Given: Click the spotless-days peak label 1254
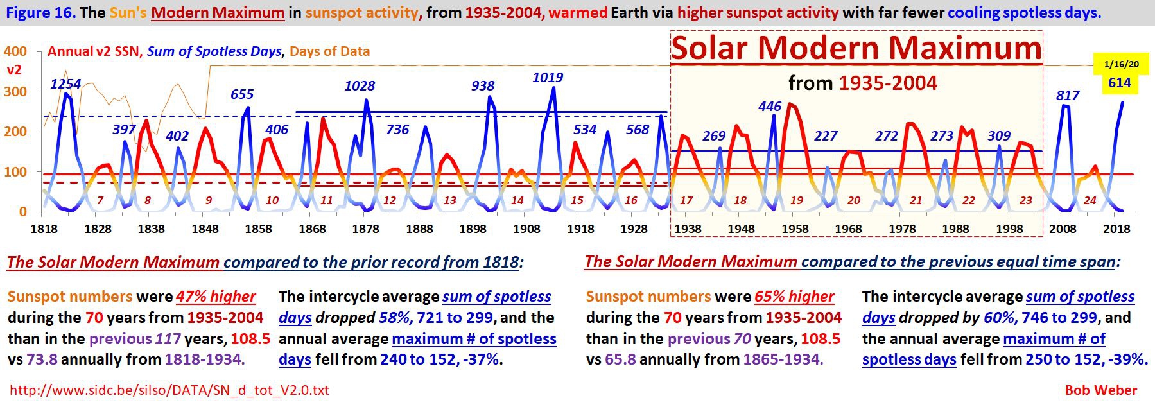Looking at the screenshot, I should click(65, 84).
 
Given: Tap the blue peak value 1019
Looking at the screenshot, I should click(548, 78).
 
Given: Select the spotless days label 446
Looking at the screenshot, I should click(770, 107).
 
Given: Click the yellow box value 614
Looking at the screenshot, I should click(1119, 83).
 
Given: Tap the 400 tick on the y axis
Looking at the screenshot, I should click(15, 51).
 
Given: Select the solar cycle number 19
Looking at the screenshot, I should click(796, 200).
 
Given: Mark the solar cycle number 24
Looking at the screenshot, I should click(1090, 200).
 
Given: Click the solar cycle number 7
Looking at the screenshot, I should click(100, 200).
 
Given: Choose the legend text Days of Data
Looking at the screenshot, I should click(329, 51).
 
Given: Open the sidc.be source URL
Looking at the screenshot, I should click(169, 390).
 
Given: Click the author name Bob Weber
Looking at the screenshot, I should click(1100, 390).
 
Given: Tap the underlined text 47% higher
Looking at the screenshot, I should click(216, 297).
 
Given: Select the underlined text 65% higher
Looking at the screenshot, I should click(794, 297).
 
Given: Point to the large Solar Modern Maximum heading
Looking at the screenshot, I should click(856, 48).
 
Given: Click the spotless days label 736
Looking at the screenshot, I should click(397, 130).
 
